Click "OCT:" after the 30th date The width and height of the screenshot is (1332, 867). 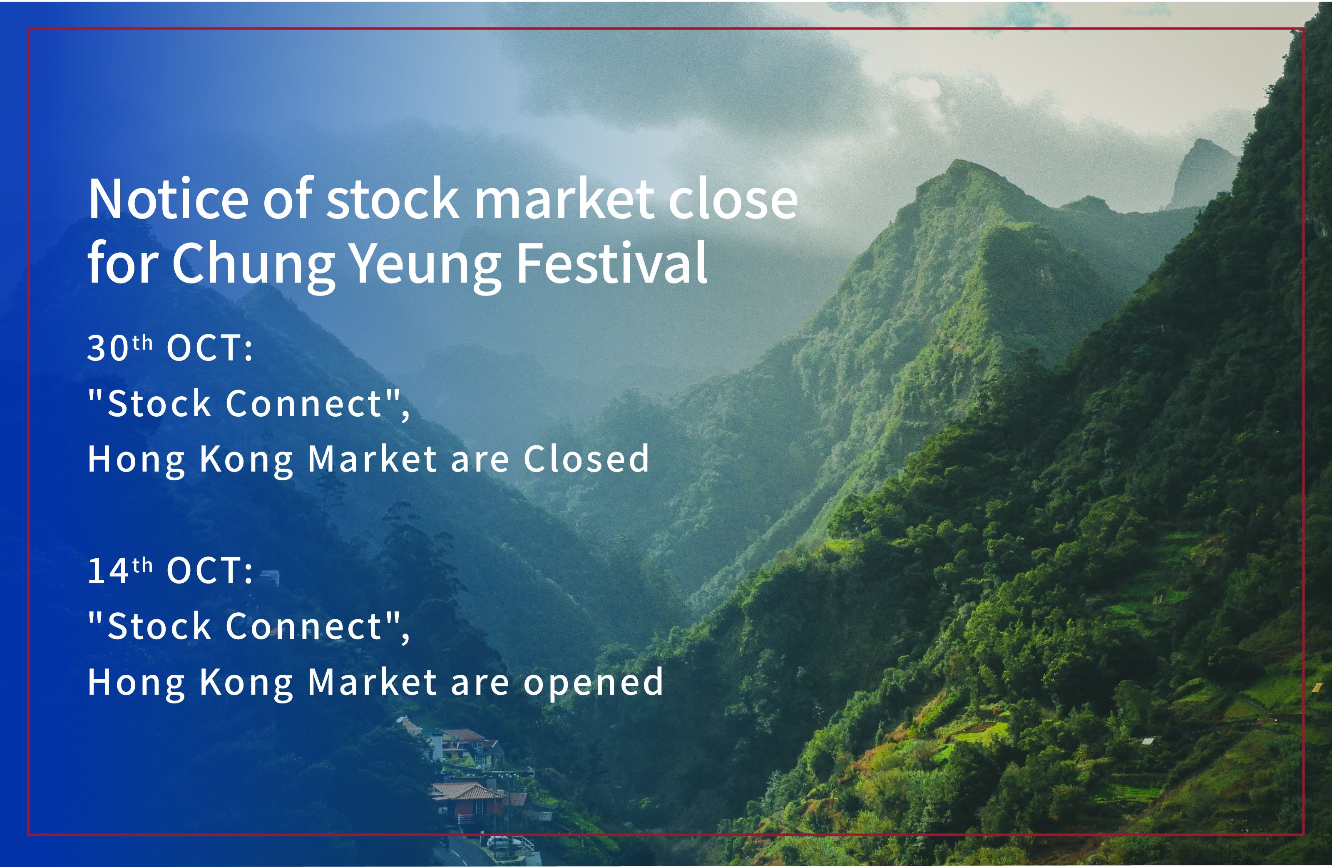click(x=210, y=348)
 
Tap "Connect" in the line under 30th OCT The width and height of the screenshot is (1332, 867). click(x=304, y=403)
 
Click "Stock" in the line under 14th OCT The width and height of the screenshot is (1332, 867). click(x=159, y=626)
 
